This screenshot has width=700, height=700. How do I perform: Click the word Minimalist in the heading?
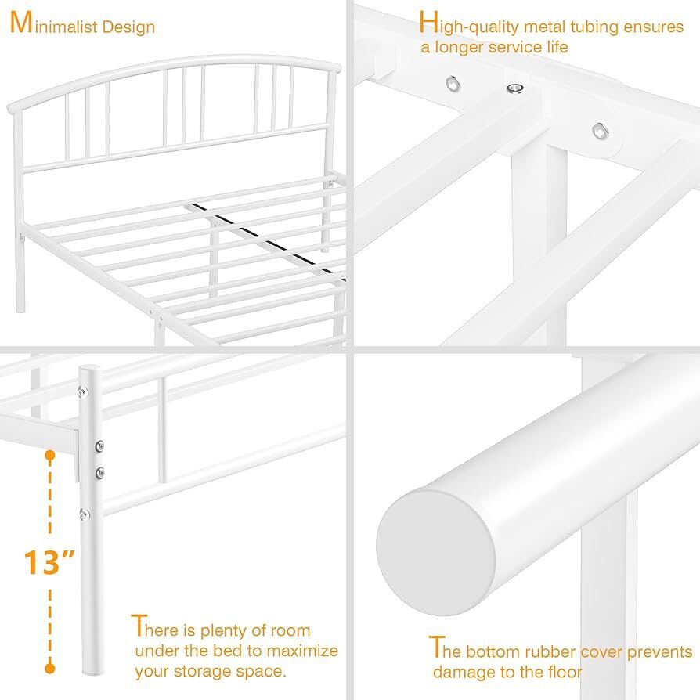[x=53, y=23]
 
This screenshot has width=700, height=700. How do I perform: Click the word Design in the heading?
[x=128, y=27]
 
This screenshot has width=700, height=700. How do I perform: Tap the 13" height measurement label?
[x=49, y=562]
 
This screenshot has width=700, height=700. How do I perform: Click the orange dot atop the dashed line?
[x=50, y=456]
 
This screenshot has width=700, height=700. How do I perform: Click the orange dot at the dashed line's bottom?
[x=50, y=669]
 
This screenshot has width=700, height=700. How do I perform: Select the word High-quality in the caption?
[x=468, y=24]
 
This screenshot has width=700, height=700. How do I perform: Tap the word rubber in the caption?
[x=549, y=651]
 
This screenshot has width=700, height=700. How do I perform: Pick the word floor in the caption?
[x=565, y=672]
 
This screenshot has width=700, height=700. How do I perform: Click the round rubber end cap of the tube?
[x=435, y=553]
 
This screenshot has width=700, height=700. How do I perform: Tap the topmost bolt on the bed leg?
[x=82, y=392]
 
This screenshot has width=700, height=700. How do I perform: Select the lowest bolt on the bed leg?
[x=84, y=514]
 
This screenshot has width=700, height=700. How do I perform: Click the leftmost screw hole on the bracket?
[x=453, y=84]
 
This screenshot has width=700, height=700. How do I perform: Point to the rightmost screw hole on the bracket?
[x=599, y=131]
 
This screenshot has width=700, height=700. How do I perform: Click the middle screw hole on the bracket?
[x=515, y=88]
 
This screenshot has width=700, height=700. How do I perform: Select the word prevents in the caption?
[x=660, y=653]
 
